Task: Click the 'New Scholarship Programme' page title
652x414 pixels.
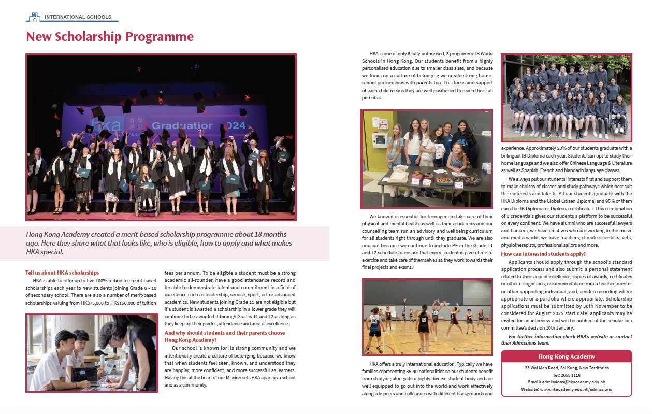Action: coord(110,37)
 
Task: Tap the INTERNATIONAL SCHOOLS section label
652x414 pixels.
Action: coord(78,17)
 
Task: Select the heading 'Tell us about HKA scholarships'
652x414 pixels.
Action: coord(62,273)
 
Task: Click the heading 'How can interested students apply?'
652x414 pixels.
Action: coord(543,254)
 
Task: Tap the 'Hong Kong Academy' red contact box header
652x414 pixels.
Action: coord(567,356)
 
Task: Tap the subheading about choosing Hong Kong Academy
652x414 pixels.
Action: coord(224,336)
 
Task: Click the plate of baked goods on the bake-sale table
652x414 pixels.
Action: coord(445,181)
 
